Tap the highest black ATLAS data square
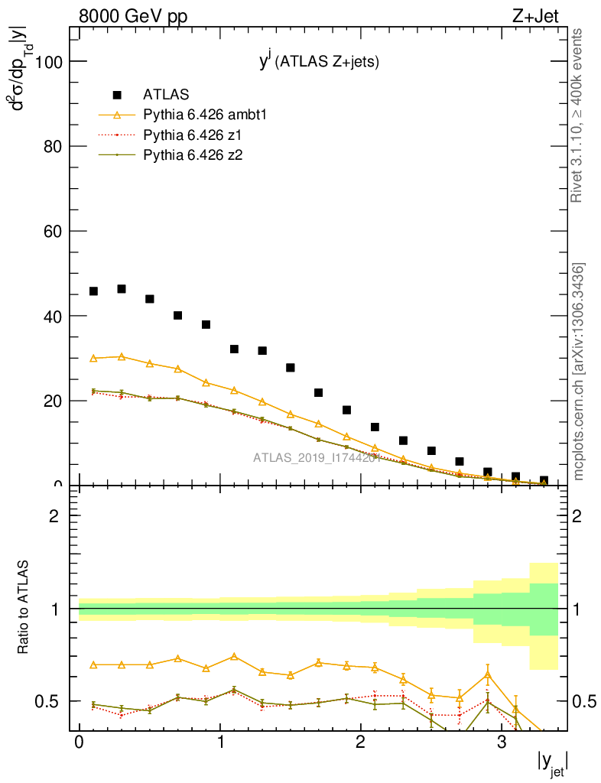click(x=122, y=288)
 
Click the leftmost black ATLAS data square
click(x=93, y=291)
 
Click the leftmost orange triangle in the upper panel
click(x=93, y=358)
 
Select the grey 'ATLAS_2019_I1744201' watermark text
click(x=317, y=458)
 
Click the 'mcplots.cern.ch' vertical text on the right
click(x=580, y=372)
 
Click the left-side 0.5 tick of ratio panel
click(x=54, y=701)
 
